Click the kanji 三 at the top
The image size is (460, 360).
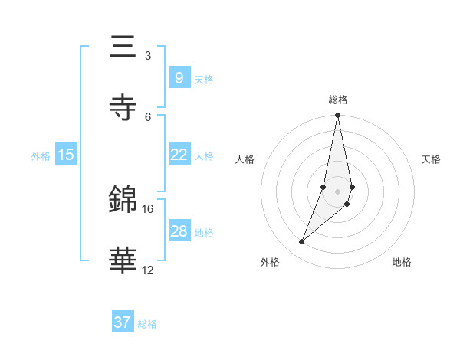(x=123, y=47)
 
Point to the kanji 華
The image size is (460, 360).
(x=123, y=260)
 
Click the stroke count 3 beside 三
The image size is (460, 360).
(x=147, y=56)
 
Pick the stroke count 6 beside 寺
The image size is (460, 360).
(x=147, y=116)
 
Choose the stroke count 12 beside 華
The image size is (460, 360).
(x=148, y=270)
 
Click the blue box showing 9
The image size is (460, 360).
(x=179, y=77)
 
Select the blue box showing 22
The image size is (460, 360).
(x=179, y=155)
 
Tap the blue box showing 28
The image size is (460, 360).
(x=179, y=231)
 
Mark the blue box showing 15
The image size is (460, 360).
(x=66, y=155)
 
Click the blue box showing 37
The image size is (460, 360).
(x=123, y=322)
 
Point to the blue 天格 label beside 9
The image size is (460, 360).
(x=204, y=79)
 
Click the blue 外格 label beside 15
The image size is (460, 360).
(x=41, y=156)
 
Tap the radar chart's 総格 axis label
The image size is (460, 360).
(x=338, y=100)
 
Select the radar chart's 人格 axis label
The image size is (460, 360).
(x=245, y=159)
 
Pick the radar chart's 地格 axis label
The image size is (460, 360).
(x=402, y=263)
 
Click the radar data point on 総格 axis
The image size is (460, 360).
(x=337, y=116)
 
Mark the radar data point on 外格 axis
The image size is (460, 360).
(x=301, y=242)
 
